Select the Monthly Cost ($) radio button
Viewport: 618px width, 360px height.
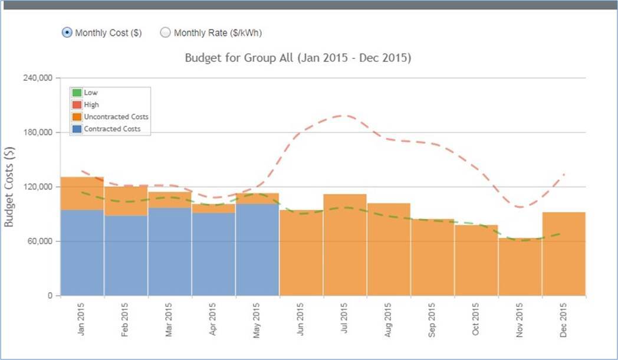[67, 33]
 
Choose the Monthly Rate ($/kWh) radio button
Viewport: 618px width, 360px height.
[166, 33]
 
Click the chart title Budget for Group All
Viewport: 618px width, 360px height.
[298, 58]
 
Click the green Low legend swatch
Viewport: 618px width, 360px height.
[77, 93]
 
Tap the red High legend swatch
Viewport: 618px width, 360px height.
[77, 104]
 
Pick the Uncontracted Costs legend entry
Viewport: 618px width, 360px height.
[116, 117]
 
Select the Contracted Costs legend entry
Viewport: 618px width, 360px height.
[112, 129]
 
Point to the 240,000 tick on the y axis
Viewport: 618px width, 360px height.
[37, 78]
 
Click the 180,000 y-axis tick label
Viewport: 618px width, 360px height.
[37, 132]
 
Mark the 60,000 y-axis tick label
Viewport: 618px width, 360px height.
[40, 241]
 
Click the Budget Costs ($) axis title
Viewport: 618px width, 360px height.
[9, 186]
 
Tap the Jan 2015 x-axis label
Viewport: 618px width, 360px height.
[82, 319]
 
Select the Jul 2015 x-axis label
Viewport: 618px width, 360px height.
[344, 319]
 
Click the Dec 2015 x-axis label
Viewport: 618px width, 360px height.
[563, 319]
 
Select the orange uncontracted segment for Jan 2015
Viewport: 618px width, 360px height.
[82, 193]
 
